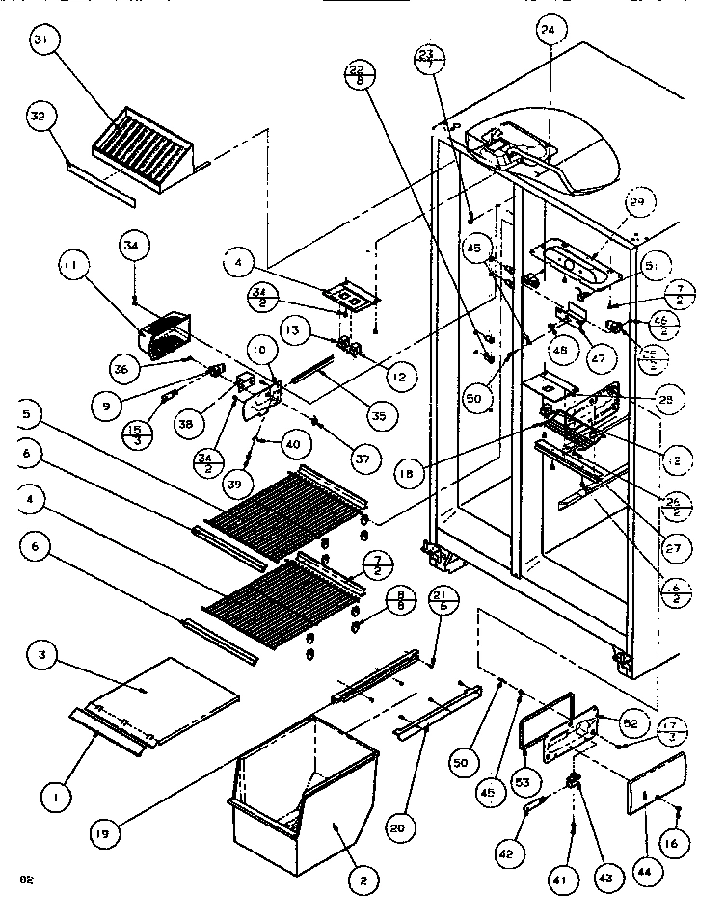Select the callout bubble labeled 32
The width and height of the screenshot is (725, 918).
(x=38, y=117)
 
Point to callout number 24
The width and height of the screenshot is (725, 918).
(x=548, y=31)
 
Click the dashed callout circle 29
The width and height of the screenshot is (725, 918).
(x=636, y=202)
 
